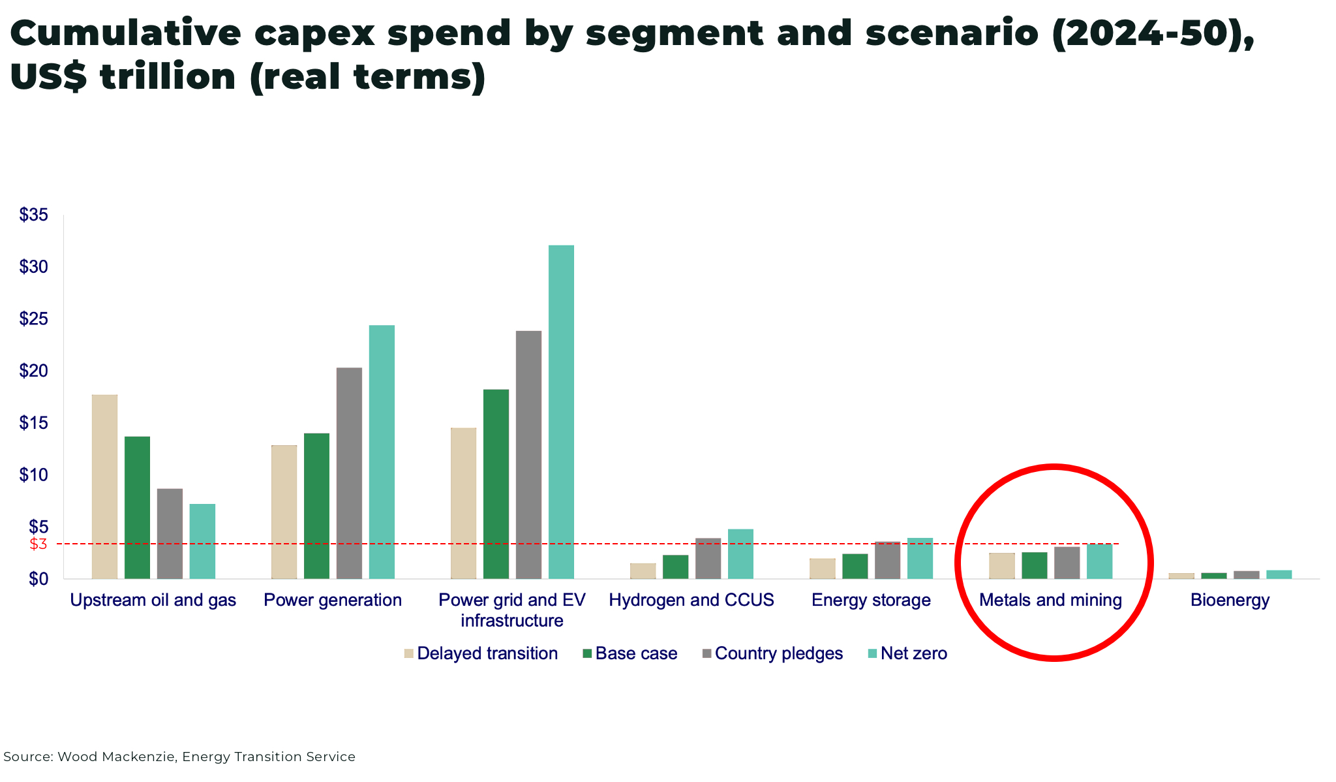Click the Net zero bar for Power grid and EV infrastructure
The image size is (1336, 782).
click(561, 412)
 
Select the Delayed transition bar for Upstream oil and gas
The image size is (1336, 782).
click(104, 486)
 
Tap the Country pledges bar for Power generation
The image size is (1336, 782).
click(349, 473)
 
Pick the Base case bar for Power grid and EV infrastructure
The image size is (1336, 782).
click(496, 484)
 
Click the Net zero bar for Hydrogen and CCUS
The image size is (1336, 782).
click(740, 554)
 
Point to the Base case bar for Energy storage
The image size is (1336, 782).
click(855, 566)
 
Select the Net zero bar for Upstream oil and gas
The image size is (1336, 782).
click(202, 541)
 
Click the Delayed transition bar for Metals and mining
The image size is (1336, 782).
click(1001, 566)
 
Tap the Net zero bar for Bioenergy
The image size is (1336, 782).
click(1279, 574)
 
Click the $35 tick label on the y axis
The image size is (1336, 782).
click(34, 215)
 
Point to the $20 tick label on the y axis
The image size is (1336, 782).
click(34, 371)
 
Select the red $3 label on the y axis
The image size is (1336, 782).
click(38, 544)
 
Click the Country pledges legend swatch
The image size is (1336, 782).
click(706, 653)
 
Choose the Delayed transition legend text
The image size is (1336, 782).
click(487, 653)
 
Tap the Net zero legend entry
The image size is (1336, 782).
click(913, 653)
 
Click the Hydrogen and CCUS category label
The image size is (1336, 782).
click(691, 600)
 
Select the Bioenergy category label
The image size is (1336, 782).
click(1230, 600)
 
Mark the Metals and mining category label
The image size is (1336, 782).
click(1050, 600)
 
